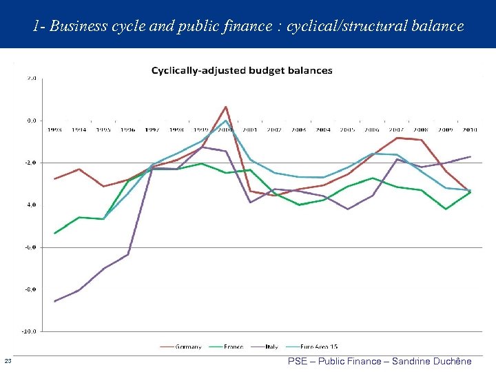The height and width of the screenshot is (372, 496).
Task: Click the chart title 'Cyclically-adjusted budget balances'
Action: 241,70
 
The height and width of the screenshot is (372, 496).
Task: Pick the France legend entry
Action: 233,347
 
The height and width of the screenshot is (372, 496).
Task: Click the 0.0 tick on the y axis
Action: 31,121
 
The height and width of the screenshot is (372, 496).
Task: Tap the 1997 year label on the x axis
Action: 152,130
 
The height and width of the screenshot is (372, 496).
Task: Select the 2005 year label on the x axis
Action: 348,130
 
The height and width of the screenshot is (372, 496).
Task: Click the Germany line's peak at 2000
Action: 226,107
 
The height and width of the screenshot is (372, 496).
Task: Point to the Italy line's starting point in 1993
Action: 54,301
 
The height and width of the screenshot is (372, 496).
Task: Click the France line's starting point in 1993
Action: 54,234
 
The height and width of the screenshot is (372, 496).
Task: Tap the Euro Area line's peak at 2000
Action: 225,121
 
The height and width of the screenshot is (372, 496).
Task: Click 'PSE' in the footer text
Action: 298,361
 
